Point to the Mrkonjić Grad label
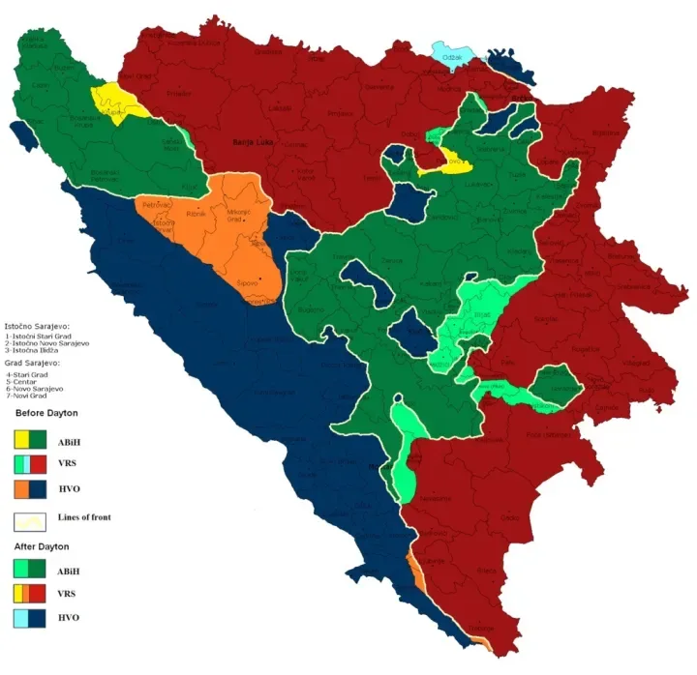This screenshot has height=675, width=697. (x=240, y=215)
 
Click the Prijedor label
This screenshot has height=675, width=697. (x=178, y=94)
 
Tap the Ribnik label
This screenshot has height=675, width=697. (x=197, y=214)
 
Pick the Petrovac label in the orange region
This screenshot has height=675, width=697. (x=157, y=206)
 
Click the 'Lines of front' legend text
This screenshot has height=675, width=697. (x=85, y=517)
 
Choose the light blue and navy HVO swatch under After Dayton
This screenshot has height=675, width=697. (x=32, y=618)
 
